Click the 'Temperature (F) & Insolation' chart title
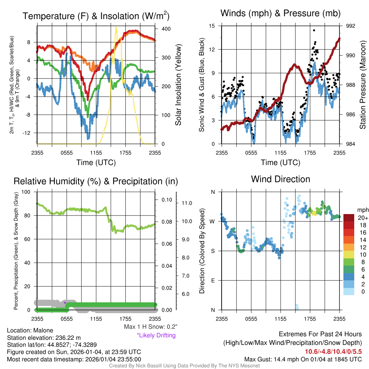point(96,16)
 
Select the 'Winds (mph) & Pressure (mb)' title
point(281,14)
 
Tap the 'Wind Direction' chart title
point(280,179)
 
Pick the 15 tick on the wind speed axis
point(212,26)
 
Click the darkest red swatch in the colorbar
point(349,218)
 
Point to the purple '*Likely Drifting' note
point(156,335)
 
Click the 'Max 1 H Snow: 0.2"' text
point(150,326)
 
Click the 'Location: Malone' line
point(30,330)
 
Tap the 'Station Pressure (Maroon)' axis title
point(363,85)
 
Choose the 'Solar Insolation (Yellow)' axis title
point(178,85)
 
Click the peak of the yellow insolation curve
point(116,27)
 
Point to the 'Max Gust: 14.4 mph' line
point(303,359)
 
